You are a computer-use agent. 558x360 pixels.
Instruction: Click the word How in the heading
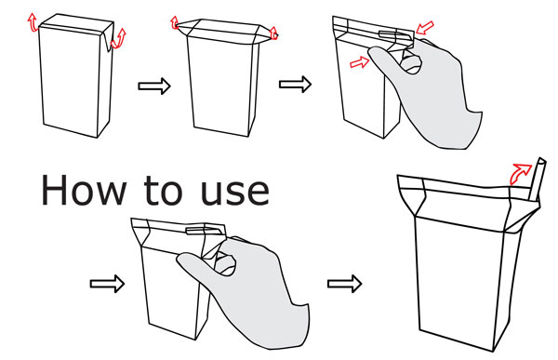[84, 190]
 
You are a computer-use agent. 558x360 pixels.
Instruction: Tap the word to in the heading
[163, 191]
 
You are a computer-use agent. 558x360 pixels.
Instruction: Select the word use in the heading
[234, 193]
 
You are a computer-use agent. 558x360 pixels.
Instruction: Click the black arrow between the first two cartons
[154, 86]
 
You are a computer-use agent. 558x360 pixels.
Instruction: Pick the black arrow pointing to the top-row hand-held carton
[295, 85]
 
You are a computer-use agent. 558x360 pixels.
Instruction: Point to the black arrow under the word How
[107, 284]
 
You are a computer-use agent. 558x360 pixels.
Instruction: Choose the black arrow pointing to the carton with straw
[344, 284]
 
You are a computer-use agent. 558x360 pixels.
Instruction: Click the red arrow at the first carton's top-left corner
[33, 22]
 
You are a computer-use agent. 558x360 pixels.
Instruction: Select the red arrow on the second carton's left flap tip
[175, 22]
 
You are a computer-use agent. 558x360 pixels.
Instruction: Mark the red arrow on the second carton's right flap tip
[273, 33]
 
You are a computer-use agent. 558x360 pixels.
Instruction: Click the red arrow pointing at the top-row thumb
[360, 62]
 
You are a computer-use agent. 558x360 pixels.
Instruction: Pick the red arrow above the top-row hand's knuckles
[425, 28]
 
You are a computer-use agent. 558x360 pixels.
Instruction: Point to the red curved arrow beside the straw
[520, 173]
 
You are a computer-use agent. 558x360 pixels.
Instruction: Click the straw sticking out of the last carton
[536, 180]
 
